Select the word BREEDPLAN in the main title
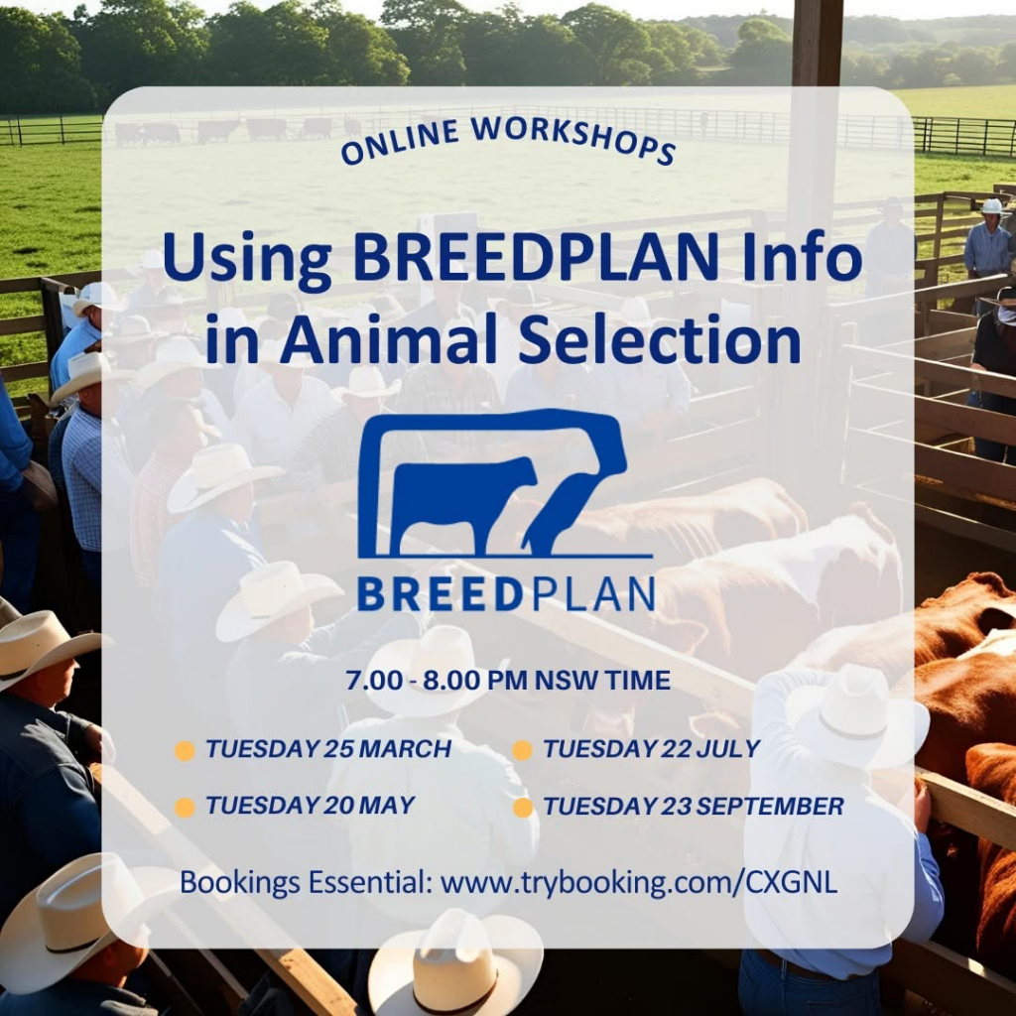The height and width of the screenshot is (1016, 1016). [x=535, y=257]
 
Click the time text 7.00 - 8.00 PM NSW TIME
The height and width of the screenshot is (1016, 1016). [x=508, y=681]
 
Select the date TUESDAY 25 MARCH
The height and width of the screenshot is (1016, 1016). [x=327, y=749]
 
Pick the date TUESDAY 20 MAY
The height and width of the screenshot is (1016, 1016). [x=310, y=806]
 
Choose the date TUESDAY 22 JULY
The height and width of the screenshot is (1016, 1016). [x=651, y=749]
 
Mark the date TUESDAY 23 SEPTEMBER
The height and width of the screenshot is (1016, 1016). [x=694, y=807]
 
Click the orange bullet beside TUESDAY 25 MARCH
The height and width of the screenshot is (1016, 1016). [x=185, y=750]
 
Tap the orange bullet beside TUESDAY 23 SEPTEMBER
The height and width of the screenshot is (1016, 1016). [x=522, y=808]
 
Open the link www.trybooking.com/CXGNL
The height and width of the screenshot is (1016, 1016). [x=639, y=883]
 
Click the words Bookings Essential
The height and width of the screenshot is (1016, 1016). [x=306, y=883]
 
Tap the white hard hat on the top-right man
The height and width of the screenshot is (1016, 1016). [x=991, y=206]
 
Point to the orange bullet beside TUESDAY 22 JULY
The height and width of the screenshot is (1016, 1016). [x=522, y=750]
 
